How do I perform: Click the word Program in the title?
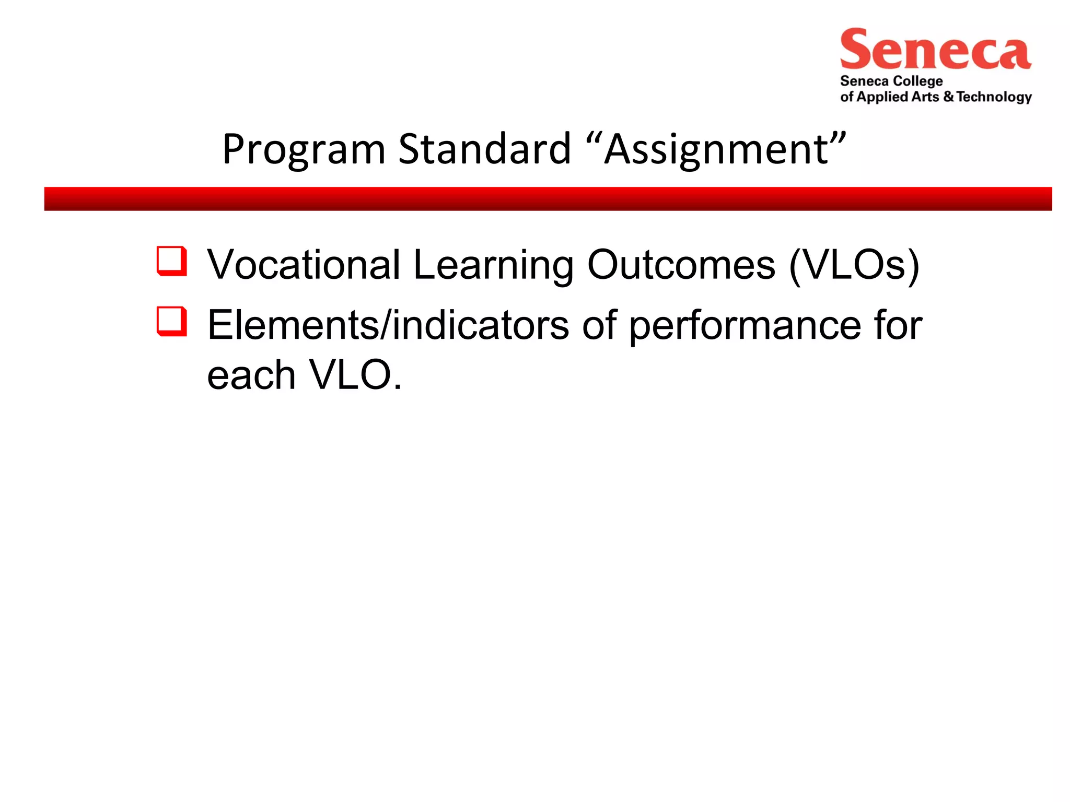pos(304,150)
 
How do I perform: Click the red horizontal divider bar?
pos(548,199)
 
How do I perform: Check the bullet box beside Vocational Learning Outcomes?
pos(171,261)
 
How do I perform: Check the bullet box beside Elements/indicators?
pos(171,321)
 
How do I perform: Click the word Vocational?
pos(304,265)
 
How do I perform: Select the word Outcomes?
pos(681,265)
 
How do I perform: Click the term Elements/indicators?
pos(388,325)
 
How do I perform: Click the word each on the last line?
pos(251,375)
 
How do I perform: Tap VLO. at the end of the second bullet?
pos(356,375)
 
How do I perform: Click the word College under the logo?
pos(917,81)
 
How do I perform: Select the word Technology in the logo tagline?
pos(994,97)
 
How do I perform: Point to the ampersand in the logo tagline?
pos(948,97)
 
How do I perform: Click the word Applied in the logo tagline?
pos(882,97)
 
